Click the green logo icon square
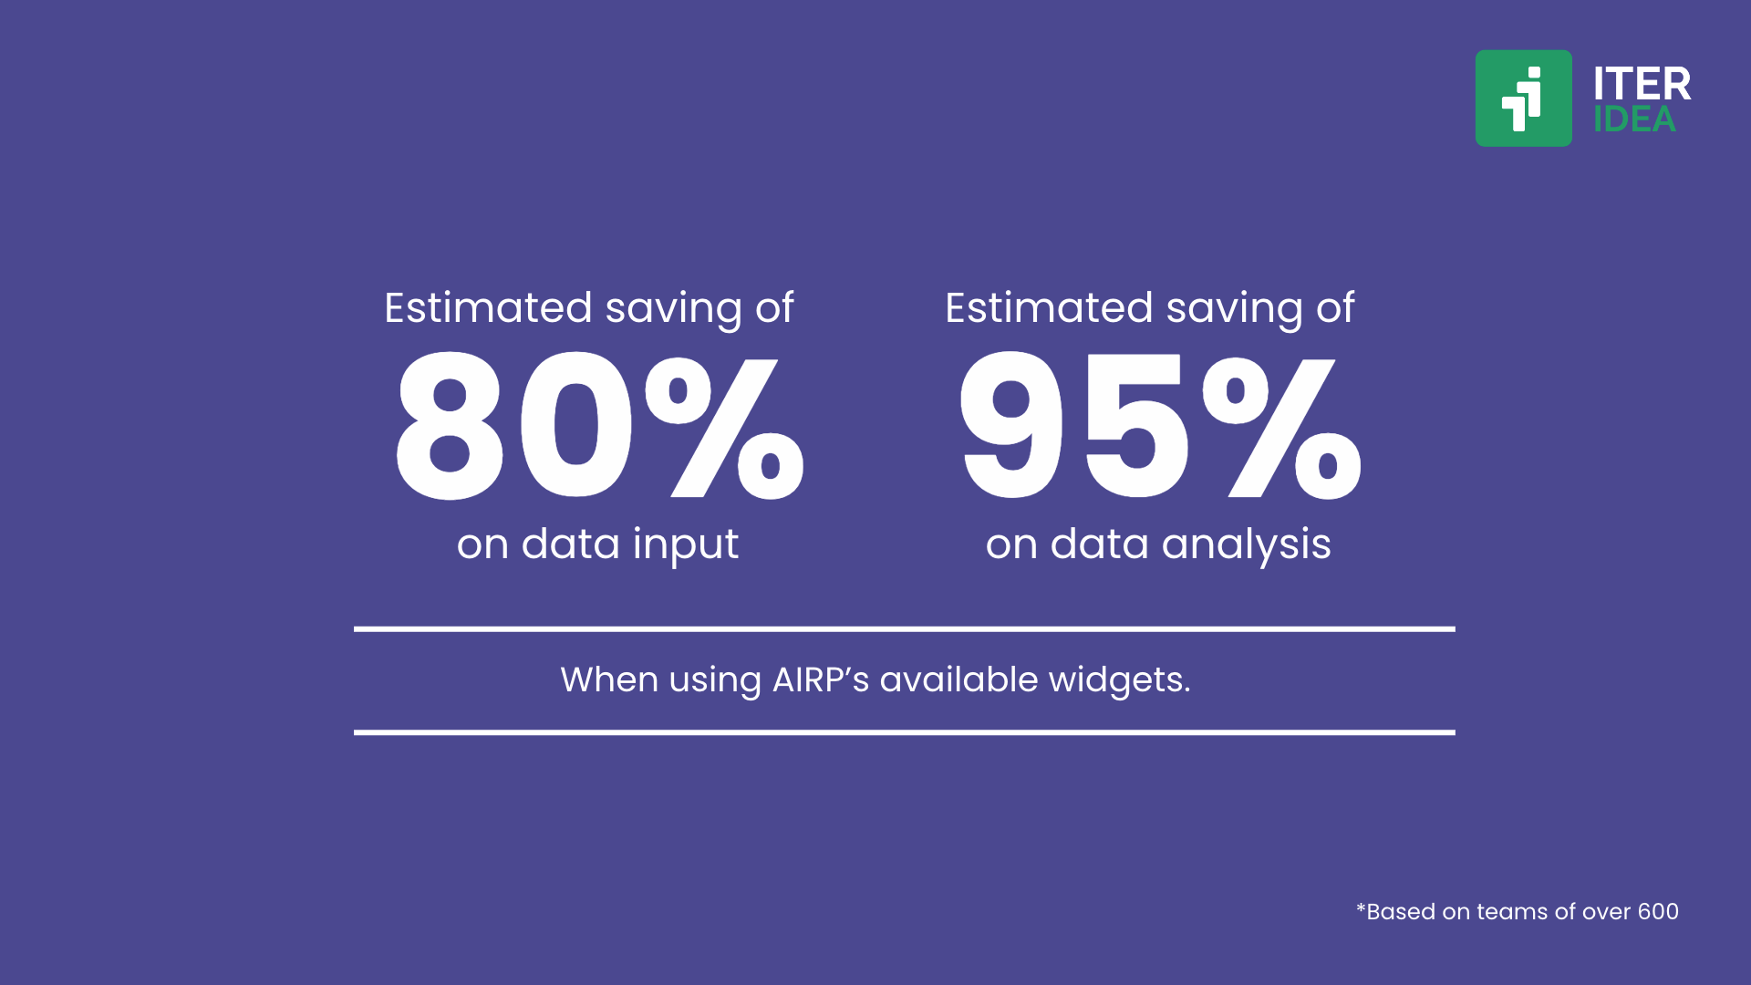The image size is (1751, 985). pyautogui.click(x=1523, y=98)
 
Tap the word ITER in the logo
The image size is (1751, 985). pyautogui.click(x=1642, y=84)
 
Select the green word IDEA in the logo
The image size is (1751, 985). pyautogui.click(x=1634, y=119)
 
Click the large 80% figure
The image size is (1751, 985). pyautogui.click(x=600, y=427)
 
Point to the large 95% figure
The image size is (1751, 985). pyautogui.click(x=1160, y=427)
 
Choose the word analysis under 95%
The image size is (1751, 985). pyautogui.click(x=1246, y=545)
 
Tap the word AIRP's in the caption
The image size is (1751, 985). pyautogui.click(x=821, y=679)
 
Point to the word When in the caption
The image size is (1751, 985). pyautogui.click(x=609, y=679)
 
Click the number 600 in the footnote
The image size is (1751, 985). pyautogui.click(x=1658, y=911)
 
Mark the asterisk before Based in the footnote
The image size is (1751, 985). pyautogui.click(x=1361, y=907)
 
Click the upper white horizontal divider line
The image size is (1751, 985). pyautogui.click(x=904, y=628)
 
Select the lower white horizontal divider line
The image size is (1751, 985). pyautogui.click(x=904, y=731)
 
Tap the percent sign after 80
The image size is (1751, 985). pyautogui.click(x=725, y=427)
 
